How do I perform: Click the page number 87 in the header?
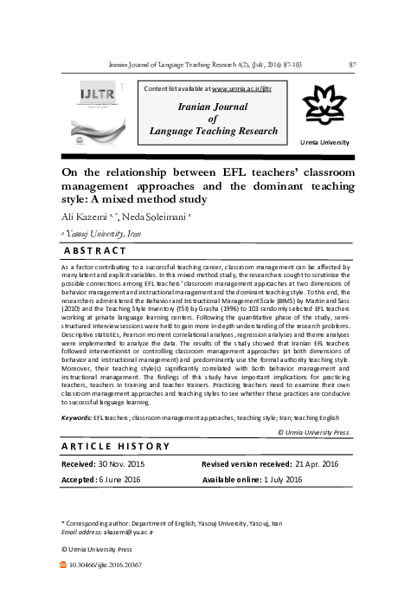coord(351,64)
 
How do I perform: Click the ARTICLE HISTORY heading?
coord(116,446)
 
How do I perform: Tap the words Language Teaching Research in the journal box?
coord(210,129)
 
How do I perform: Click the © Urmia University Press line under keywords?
coord(312,431)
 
